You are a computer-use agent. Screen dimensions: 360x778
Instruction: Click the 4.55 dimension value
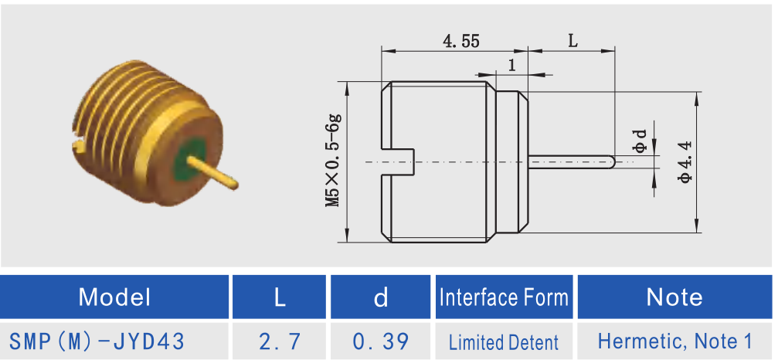(460, 41)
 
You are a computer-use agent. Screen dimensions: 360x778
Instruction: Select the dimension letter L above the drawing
(572, 41)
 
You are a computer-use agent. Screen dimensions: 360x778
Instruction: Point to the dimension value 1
(511, 65)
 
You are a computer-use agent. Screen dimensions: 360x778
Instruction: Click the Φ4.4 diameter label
(685, 162)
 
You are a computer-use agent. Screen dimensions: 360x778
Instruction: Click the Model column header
(115, 297)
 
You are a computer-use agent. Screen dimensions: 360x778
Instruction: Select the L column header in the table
(280, 297)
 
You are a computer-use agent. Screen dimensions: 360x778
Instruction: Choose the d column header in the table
(381, 297)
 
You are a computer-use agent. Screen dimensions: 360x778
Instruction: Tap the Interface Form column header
(504, 297)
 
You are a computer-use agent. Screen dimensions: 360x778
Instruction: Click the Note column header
(674, 297)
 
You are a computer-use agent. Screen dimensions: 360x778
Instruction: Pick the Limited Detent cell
(504, 341)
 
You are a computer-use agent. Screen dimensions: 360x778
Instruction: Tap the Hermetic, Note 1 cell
(674, 341)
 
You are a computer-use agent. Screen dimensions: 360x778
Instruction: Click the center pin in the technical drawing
(572, 162)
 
